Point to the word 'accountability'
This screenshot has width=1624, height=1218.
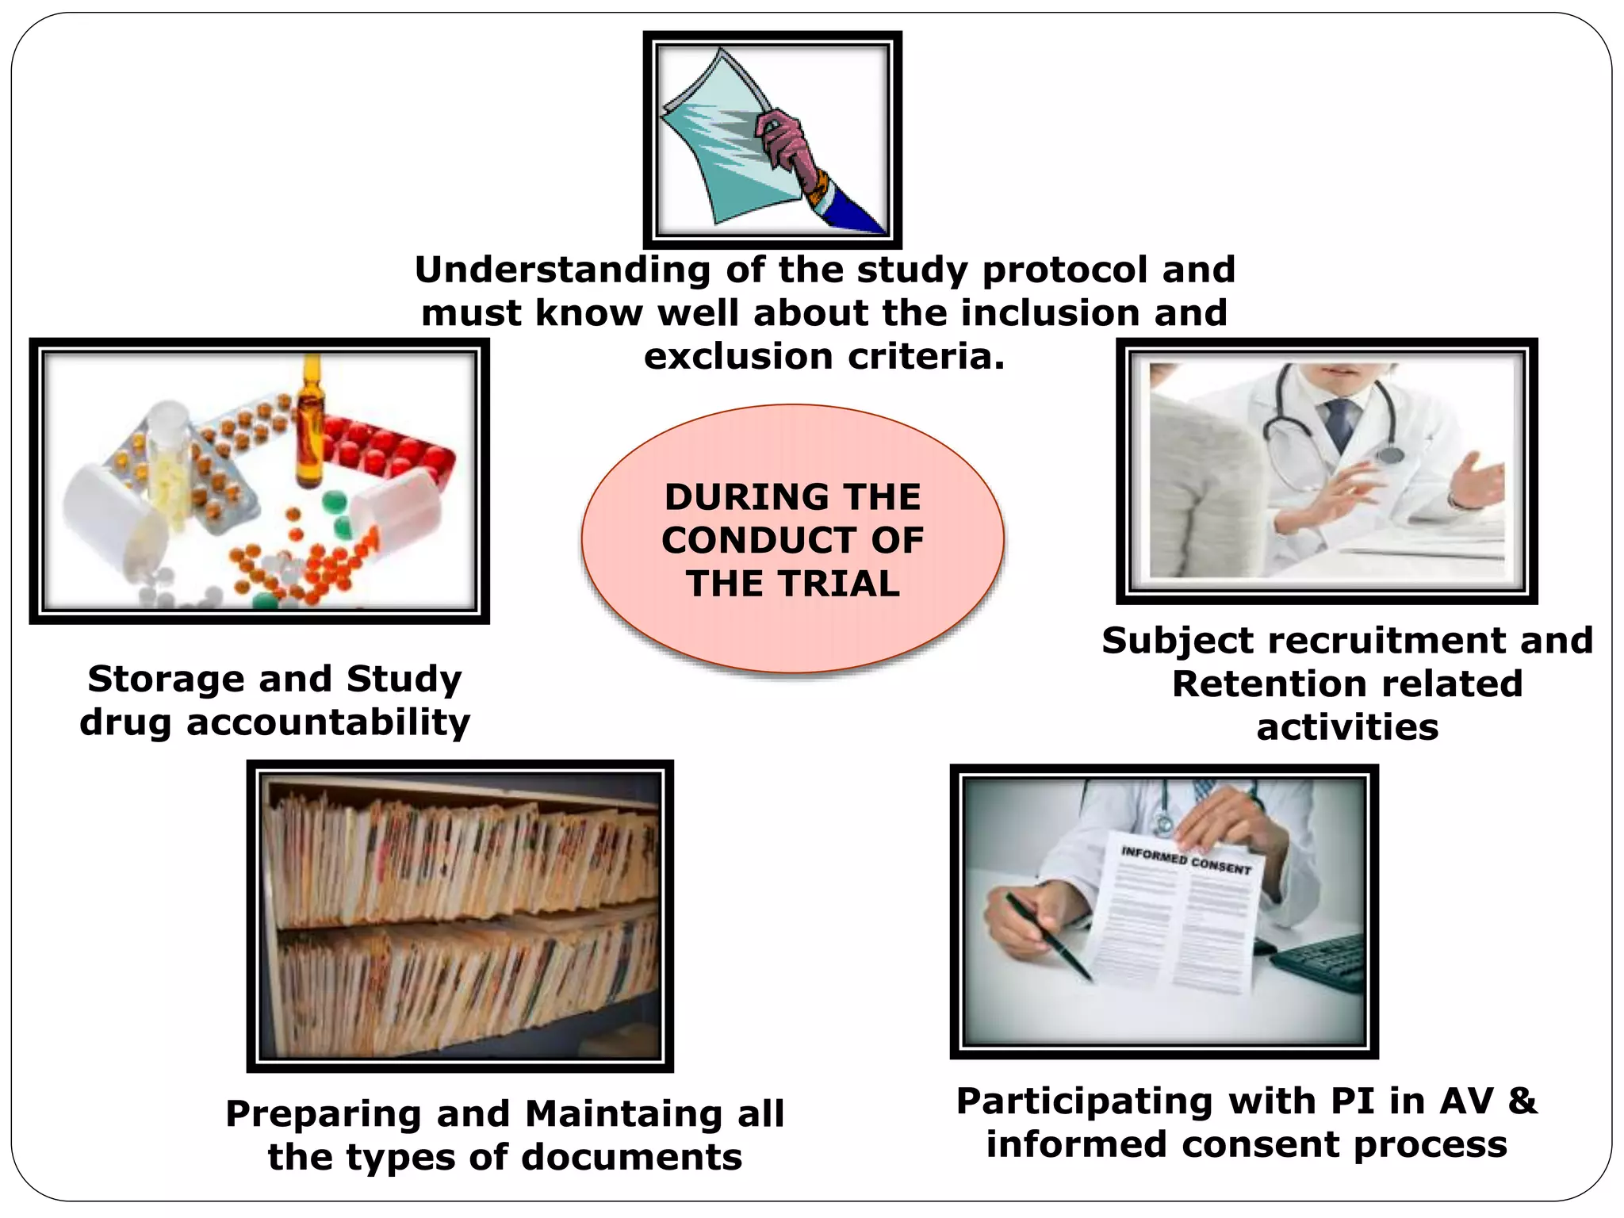(x=328, y=723)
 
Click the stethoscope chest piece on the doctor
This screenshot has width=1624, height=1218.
(x=1388, y=454)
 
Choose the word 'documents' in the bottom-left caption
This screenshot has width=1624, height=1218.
(x=632, y=1158)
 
